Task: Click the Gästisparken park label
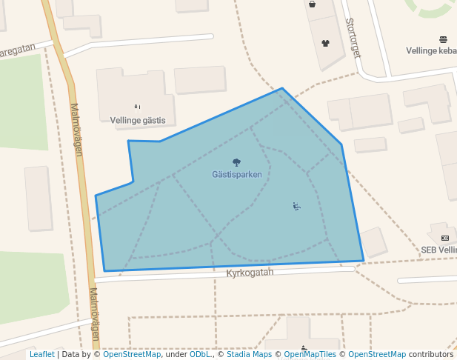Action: pos(236,175)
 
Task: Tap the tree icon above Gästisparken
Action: pos(236,162)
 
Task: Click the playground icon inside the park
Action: pos(296,207)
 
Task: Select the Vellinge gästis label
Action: pos(137,120)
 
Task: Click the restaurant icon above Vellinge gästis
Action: pos(137,107)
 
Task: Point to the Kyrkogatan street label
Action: pos(250,273)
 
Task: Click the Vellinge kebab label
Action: pos(431,51)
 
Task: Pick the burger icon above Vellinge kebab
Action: pos(443,39)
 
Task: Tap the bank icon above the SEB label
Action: pos(444,238)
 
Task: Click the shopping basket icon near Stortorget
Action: pos(312,4)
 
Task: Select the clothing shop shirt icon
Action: pos(324,43)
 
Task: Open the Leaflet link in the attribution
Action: pos(41,355)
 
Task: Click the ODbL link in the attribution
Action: pos(200,355)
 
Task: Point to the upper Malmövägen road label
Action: pos(76,129)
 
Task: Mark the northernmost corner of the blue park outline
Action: pos(281,88)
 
